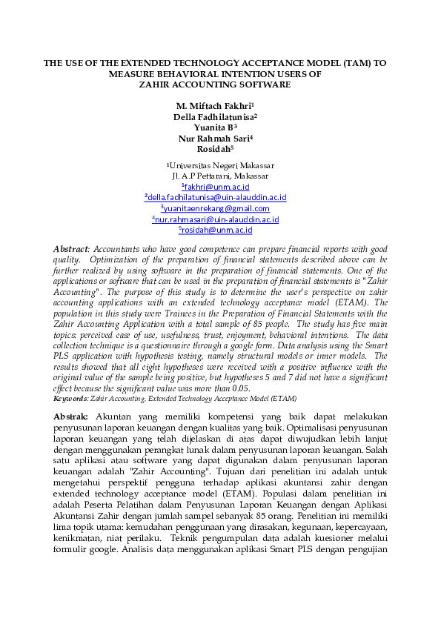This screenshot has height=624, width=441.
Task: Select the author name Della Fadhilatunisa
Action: click(214, 116)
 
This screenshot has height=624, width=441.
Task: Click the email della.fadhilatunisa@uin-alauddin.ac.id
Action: click(216, 197)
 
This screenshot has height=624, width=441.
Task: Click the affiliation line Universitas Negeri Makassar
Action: click(219, 165)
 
